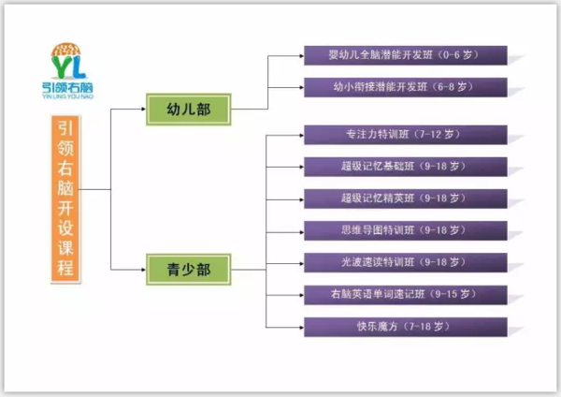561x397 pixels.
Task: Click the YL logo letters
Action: (x=76, y=68)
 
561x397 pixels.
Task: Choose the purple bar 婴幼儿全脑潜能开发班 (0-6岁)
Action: (x=405, y=54)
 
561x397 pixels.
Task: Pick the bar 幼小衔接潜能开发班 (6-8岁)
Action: (x=405, y=87)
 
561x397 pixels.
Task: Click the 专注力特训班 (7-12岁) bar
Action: (x=405, y=135)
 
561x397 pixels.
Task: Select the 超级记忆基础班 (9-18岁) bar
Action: (x=405, y=167)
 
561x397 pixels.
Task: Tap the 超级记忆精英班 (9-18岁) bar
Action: (x=405, y=198)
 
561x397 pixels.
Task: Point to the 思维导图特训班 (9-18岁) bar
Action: (x=405, y=230)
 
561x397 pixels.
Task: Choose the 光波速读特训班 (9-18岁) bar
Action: (x=405, y=262)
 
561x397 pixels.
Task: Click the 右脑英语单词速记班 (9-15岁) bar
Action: (x=405, y=294)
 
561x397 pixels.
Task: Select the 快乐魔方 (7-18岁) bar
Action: (x=405, y=326)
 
